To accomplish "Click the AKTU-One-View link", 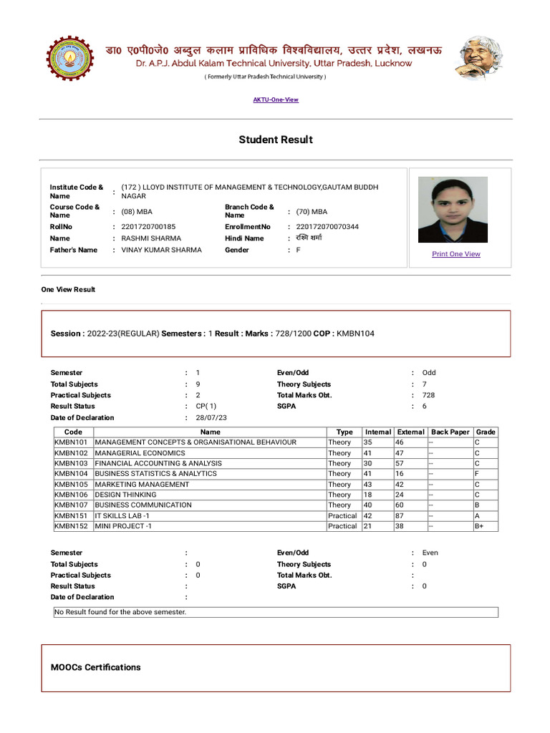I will (276, 99).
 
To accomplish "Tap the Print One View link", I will (456, 254).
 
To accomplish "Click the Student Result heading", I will (276, 140).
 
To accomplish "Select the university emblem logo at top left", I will (70, 59).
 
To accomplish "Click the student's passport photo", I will (453, 210).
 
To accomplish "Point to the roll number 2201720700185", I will (148, 227).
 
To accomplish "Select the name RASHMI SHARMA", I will (151, 238).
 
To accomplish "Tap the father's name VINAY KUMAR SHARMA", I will (162, 250).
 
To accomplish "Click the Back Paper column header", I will (450, 432).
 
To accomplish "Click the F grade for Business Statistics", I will (477, 474).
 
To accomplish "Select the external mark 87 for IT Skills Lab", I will (401, 515).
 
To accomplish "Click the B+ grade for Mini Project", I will (480, 526).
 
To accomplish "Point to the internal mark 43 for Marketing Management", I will (368, 485).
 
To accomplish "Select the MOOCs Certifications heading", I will (96, 667).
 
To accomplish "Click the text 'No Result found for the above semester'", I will (121, 613).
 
